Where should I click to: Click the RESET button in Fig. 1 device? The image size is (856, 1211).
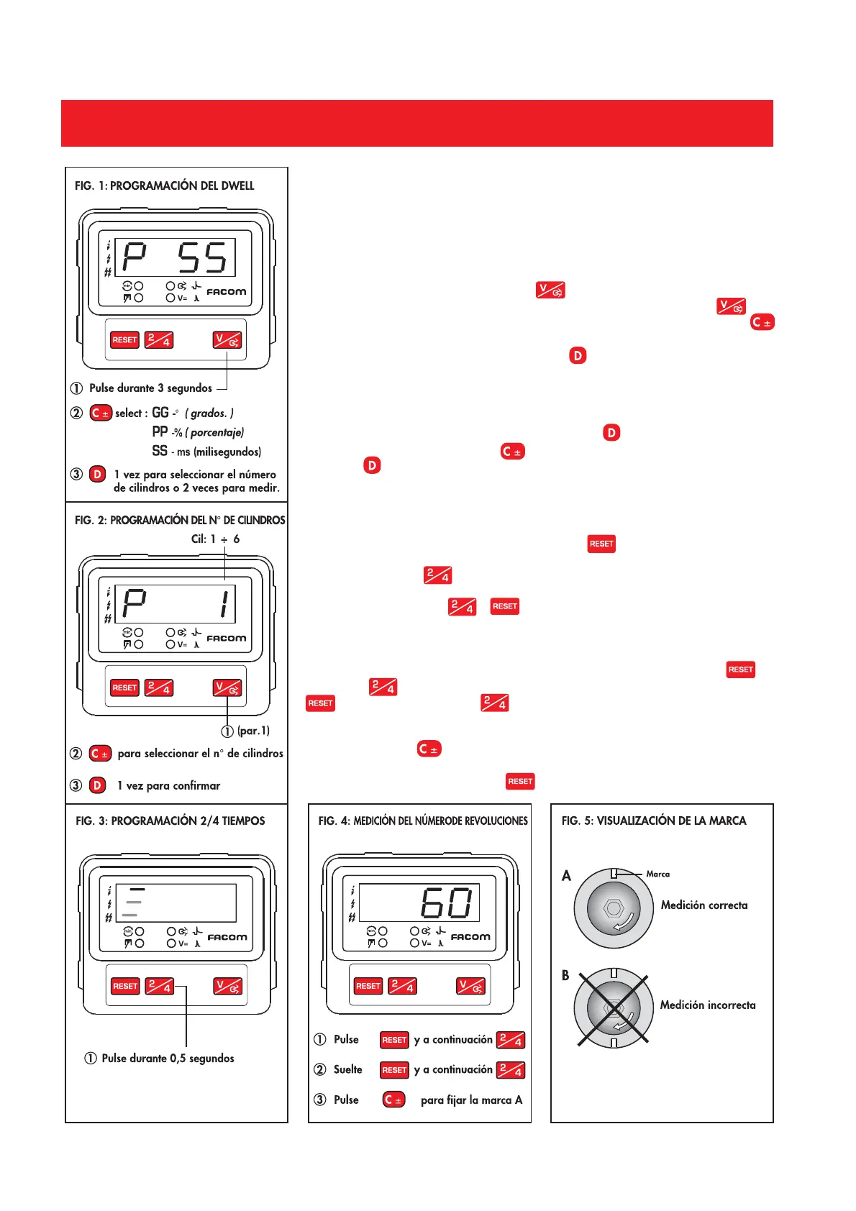coord(124,340)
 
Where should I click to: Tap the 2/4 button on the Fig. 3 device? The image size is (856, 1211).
coord(160,986)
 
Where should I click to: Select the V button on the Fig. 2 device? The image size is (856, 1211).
coord(227,688)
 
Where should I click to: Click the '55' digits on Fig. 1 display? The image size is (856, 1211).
coord(202,257)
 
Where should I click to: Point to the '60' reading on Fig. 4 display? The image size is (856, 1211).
coord(447,902)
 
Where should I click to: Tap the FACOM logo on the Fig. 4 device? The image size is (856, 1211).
coord(470,937)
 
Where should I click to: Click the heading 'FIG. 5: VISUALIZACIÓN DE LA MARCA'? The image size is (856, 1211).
coord(654,821)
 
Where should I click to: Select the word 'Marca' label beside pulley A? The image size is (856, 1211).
coord(657,874)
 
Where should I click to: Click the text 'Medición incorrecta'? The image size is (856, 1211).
coord(708,1005)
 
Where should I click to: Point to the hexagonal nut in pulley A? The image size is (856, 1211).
coord(614,908)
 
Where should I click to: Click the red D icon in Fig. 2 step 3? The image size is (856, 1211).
coord(98,785)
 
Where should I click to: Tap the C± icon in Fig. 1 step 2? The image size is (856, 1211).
coord(100,413)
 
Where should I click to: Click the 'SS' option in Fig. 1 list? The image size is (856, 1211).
coord(160,451)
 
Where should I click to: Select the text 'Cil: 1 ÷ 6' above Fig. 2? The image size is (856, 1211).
coord(215,539)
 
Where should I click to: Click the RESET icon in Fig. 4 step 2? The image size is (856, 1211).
coord(394,1070)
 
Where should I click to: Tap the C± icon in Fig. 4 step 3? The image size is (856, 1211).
coord(393,1100)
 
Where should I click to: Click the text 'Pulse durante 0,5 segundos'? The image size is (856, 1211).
coord(168,1058)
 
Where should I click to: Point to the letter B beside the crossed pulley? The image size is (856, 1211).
coord(565,975)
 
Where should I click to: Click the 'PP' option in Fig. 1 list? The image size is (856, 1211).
coord(160,431)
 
